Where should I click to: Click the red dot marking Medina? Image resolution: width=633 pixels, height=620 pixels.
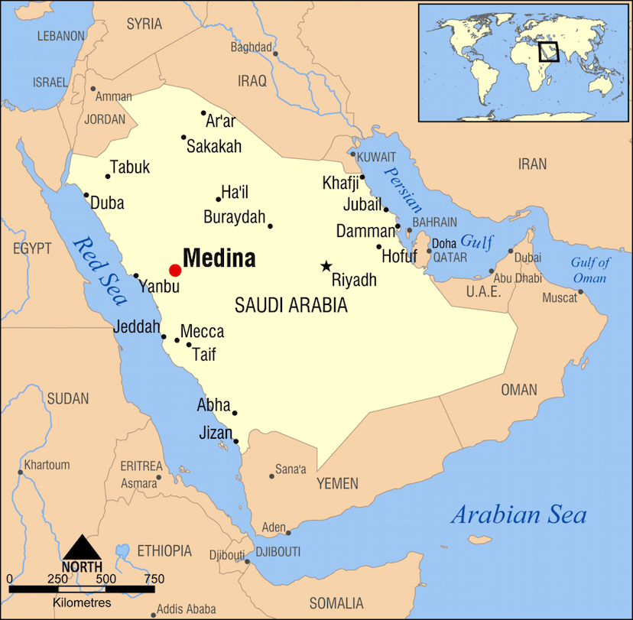coord(175,270)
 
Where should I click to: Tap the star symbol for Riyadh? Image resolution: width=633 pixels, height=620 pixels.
coord(326,266)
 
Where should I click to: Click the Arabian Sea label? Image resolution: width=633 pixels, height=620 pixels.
coord(518,514)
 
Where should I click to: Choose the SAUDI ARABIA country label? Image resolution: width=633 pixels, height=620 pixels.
coord(291,306)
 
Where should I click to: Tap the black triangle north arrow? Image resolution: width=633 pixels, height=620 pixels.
coord(82,549)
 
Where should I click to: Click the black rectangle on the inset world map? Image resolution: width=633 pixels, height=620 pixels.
coord(548,51)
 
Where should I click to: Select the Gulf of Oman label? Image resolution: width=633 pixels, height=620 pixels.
coord(590,271)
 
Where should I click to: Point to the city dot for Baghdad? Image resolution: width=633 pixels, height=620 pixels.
coord(275,54)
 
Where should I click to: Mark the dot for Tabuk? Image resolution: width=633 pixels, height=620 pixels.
coord(108,177)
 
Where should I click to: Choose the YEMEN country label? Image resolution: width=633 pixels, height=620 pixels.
coord(337,483)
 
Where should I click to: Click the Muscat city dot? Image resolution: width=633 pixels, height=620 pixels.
coord(580,291)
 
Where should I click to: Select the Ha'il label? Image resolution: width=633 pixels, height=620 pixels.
coord(235,192)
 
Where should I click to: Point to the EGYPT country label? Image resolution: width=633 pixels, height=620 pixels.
coord(31,248)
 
